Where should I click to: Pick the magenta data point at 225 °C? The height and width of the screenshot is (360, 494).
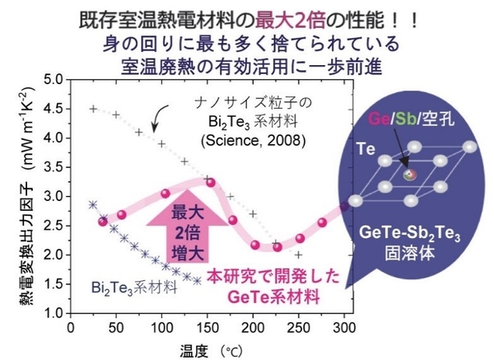click(x=277, y=246)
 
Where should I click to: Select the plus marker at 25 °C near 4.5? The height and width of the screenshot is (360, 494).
click(x=93, y=109)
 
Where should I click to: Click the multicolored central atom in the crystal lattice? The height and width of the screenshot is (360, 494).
click(x=408, y=175)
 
